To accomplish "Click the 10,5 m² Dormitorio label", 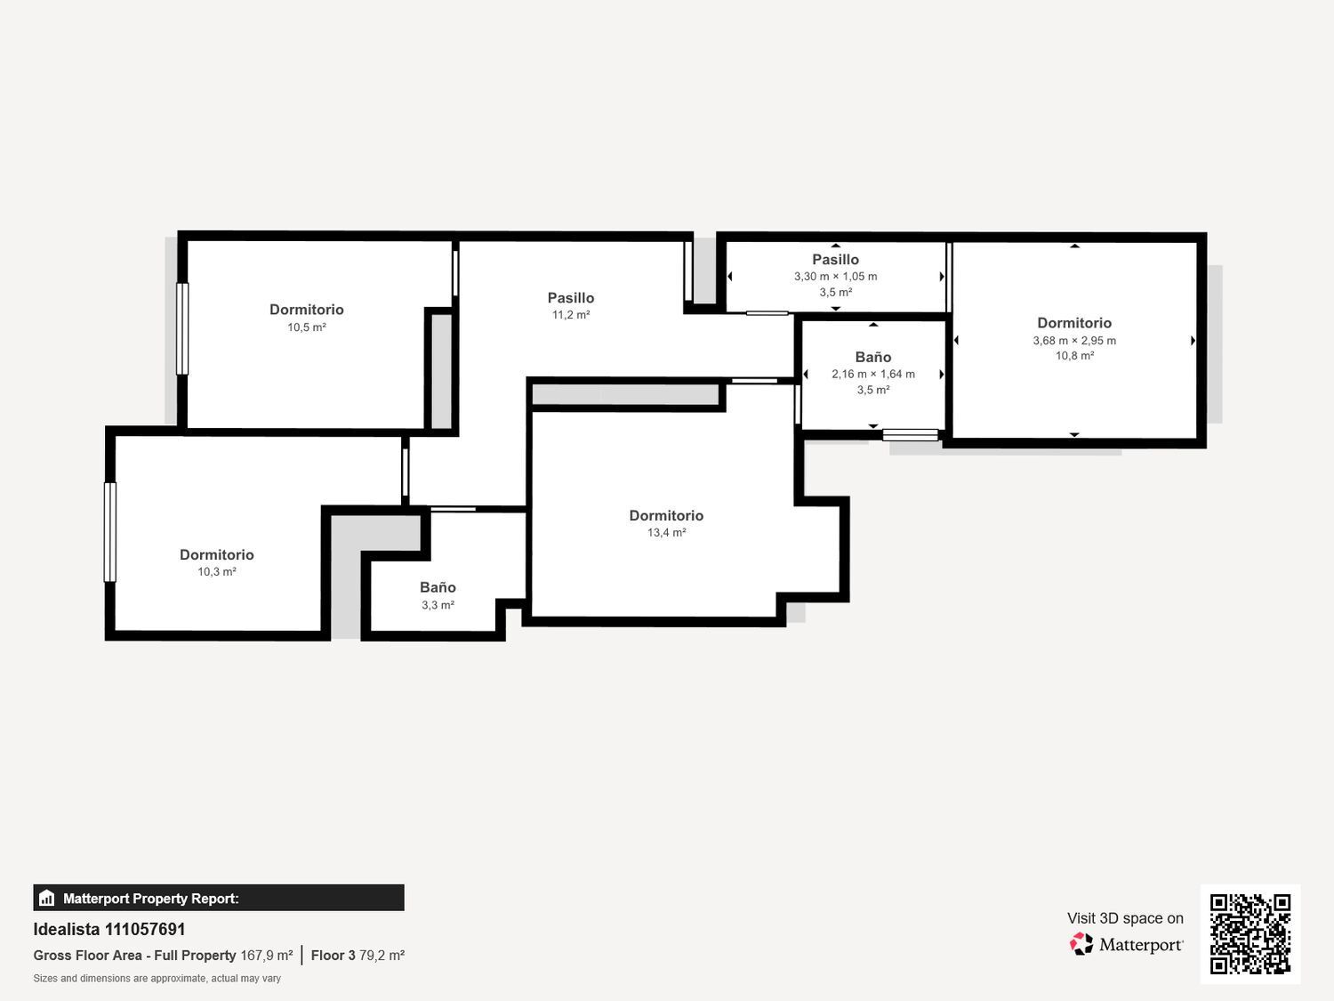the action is [306, 310].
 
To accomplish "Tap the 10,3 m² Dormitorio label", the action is [216, 555].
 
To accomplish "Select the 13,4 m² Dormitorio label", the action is [666, 516].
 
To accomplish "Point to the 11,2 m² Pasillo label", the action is [571, 298].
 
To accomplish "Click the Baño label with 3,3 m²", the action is [438, 588].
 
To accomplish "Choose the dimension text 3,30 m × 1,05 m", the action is [836, 277].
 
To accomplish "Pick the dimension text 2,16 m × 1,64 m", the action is [873, 375].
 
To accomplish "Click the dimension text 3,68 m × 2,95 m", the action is [1074, 341].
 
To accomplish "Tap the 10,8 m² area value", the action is [1074, 356].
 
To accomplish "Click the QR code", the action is [1250, 933].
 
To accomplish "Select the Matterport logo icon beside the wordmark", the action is [1081, 944].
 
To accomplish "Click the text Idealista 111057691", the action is [108, 929].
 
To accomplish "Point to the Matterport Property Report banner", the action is [219, 898].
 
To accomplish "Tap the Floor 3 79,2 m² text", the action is [358, 956].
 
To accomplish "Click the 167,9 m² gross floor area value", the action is [267, 956].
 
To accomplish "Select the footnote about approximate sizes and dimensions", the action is [157, 979].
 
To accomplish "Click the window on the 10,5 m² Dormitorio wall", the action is [182, 329].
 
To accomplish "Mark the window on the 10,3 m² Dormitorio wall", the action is [110, 532].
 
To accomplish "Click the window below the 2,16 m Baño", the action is [911, 434].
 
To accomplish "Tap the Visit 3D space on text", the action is [1125, 918].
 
